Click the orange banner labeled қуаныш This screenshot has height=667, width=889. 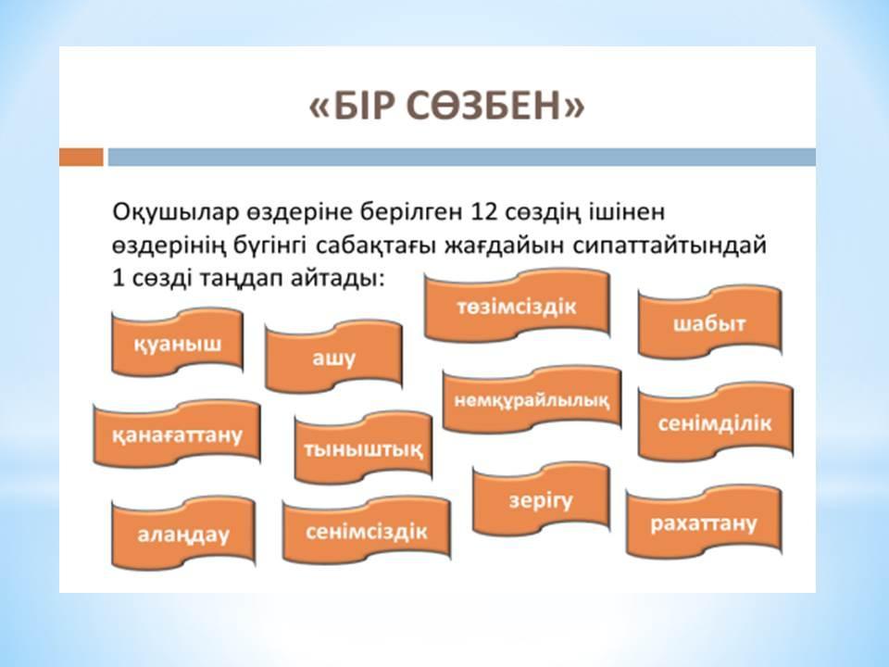178,343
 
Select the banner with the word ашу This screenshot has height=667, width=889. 333,358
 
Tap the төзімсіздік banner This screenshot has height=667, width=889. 517,307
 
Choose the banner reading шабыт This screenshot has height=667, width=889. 710,323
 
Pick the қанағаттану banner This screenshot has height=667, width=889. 177,434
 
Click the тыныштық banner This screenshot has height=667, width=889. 363,448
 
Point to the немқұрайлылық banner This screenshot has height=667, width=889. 532,400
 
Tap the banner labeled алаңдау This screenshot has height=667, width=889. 183,534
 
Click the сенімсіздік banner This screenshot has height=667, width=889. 367,531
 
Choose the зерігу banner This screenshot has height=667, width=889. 541,500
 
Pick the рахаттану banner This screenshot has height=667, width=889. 704,522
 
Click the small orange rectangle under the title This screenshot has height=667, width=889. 81,157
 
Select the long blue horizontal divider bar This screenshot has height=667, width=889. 462,157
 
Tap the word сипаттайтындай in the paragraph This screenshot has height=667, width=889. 670,245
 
